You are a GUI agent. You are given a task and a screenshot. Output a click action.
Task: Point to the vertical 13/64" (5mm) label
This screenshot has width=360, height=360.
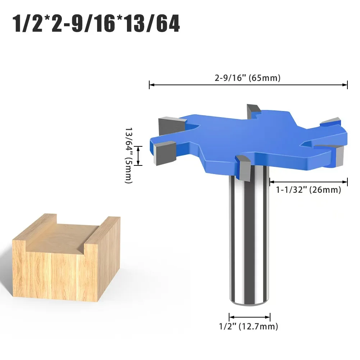tap(129, 155)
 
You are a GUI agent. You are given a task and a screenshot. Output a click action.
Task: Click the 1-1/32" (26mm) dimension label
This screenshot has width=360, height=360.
tap(308, 190)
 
